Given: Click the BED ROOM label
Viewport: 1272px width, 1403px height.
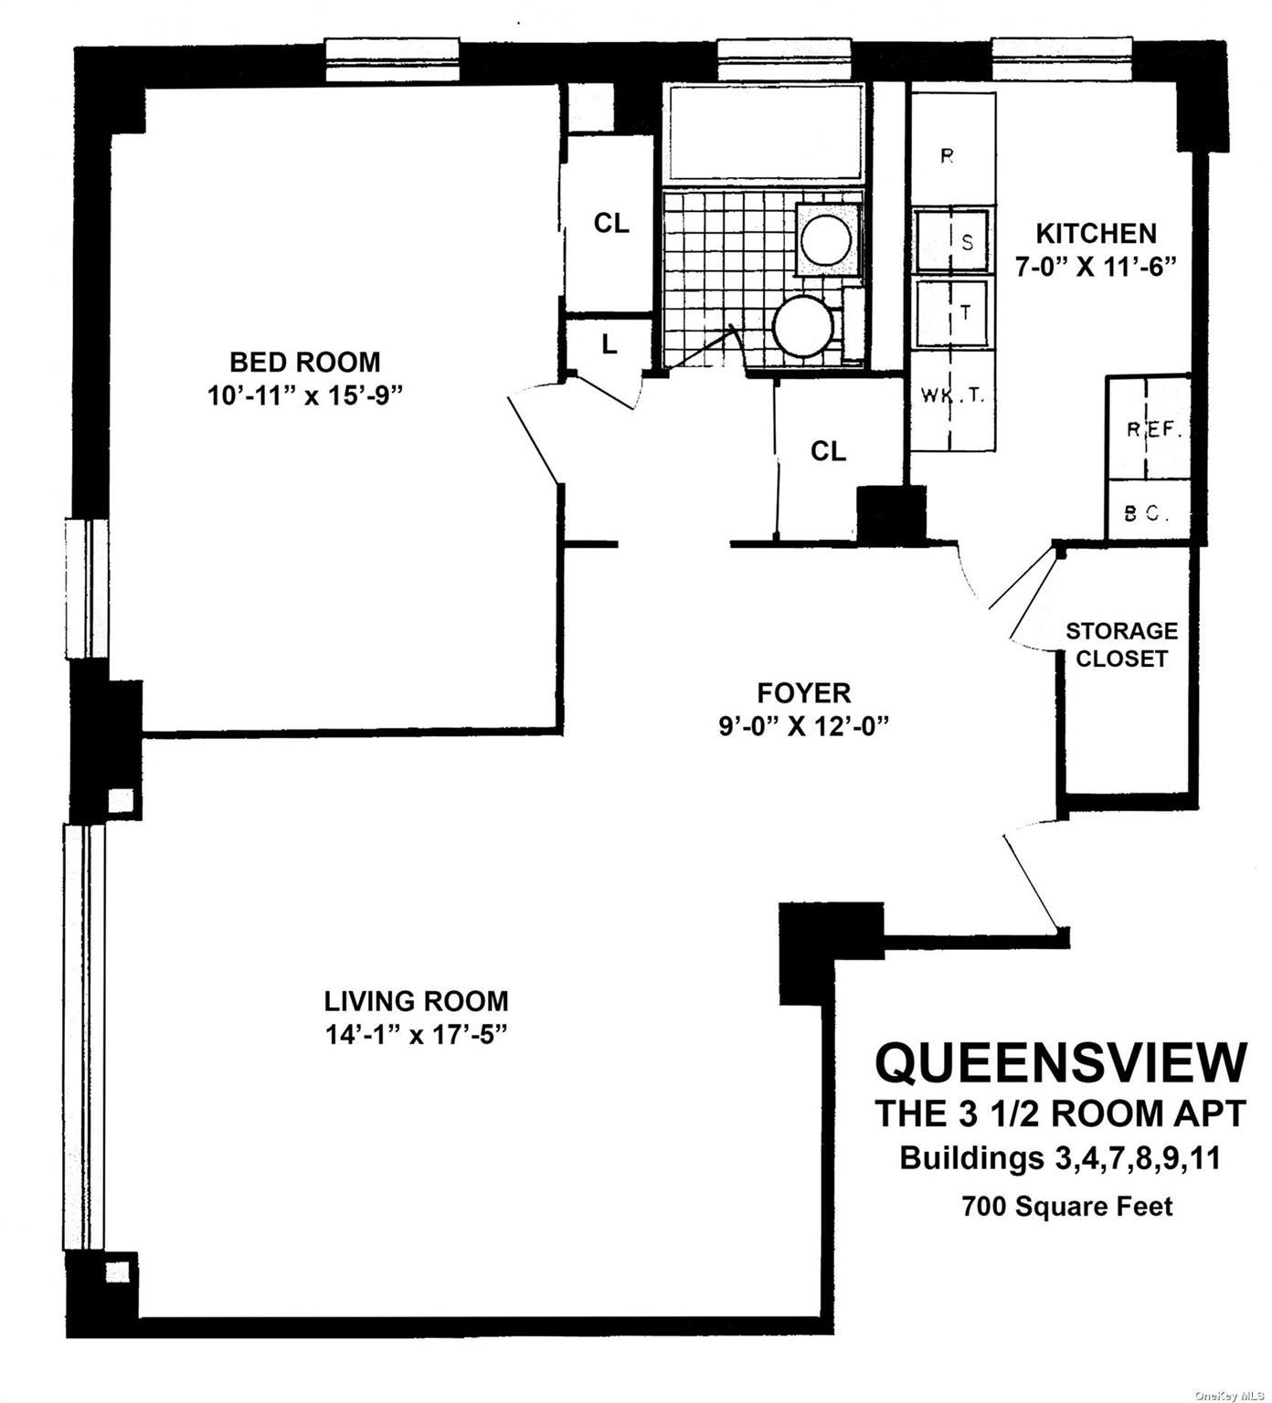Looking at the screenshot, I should point(304,362).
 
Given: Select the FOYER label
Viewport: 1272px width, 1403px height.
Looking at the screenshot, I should point(804,692).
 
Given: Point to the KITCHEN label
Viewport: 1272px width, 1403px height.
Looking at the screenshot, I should point(1096,234).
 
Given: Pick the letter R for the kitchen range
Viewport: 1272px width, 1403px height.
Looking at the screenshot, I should point(948,156).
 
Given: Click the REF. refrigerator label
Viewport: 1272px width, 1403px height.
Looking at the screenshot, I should point(1154,430).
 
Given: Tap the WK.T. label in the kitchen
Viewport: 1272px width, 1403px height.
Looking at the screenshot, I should point(951,396).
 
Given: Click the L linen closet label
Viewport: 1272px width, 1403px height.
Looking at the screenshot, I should point(609,346).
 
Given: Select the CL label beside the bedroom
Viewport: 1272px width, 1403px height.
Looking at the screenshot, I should point(611,223).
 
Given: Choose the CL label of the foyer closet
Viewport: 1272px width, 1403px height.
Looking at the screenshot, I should point(828,450).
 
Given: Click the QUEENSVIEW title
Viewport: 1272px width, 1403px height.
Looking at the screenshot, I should point(1061,1062).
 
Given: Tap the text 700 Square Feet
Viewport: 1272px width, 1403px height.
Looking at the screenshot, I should point(1066,1207).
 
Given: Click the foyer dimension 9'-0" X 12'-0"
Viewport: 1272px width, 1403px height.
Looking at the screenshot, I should point(804,726).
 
